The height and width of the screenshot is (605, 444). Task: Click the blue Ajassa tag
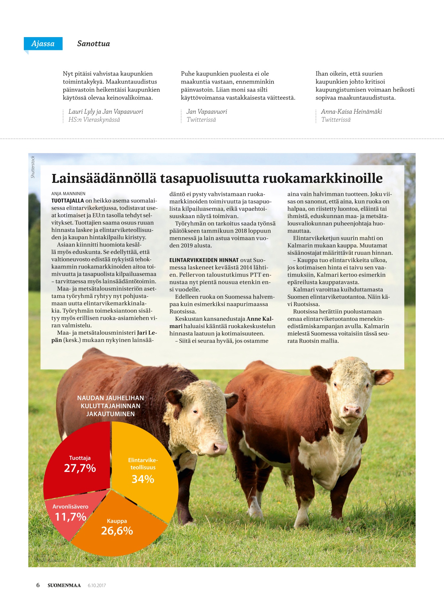[43, 43]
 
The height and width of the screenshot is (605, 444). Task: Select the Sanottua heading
[93, 43]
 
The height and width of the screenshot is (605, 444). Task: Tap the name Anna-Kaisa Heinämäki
[351, 112]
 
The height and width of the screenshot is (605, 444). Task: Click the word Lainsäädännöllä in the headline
[104, 178]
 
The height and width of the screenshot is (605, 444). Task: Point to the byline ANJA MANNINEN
[68, 193]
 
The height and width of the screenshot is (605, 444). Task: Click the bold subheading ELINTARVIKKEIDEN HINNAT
[204, 260]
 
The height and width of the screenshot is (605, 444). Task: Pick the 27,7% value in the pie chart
[80, 468]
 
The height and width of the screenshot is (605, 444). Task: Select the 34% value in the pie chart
[143, 479]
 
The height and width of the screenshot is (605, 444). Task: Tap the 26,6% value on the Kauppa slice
[117, 531]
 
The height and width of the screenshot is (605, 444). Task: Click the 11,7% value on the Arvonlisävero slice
[70, 517]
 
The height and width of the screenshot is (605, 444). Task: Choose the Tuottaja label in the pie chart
[80, 458]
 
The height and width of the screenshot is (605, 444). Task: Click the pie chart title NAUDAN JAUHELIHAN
[111, 398]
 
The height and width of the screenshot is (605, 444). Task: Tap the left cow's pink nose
[219, 448]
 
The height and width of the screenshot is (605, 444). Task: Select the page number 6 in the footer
[38, 585]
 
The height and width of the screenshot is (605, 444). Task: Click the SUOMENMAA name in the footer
[64, 585]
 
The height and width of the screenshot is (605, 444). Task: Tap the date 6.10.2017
[97, 585]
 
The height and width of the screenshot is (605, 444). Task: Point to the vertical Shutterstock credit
[33, 167]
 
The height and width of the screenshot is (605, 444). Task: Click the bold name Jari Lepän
[147, 333]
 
